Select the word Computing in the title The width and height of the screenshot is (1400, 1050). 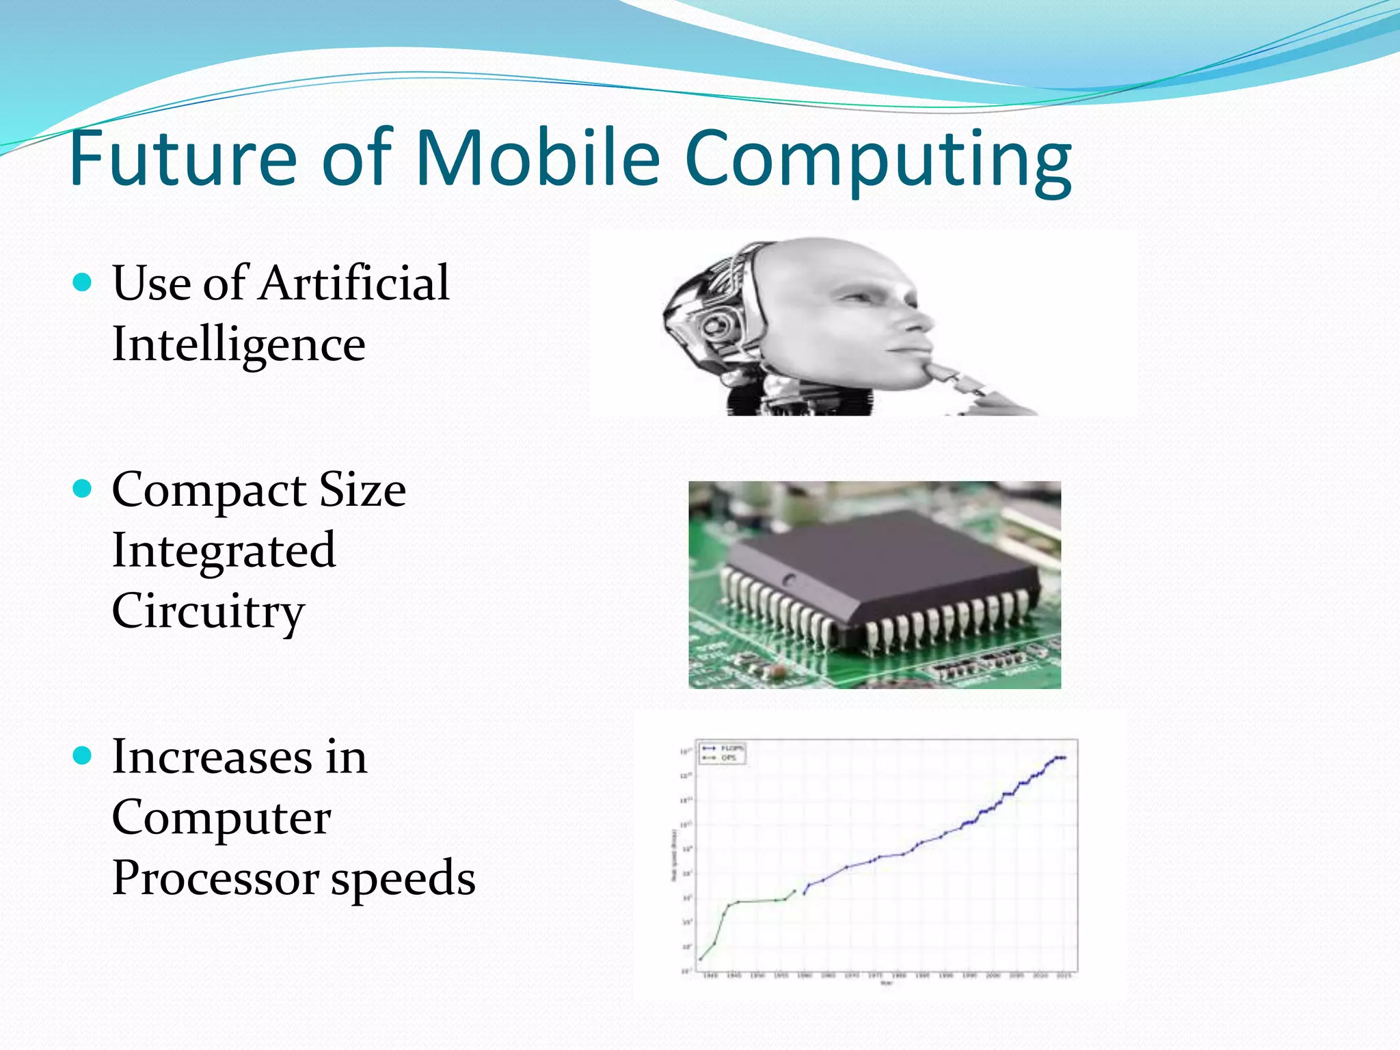click(878, 161)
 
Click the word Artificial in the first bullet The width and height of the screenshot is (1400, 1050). click(353, 283)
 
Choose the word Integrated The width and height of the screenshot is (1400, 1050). click(224, 551)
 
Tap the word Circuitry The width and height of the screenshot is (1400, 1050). click(208, 612)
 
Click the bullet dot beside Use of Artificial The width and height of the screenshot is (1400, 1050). click(82, 282)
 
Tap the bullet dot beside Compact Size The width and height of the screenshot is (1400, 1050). click(82, 489)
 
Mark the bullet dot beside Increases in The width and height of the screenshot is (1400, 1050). click(82, 756)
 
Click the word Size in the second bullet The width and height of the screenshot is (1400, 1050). click(362, 490)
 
